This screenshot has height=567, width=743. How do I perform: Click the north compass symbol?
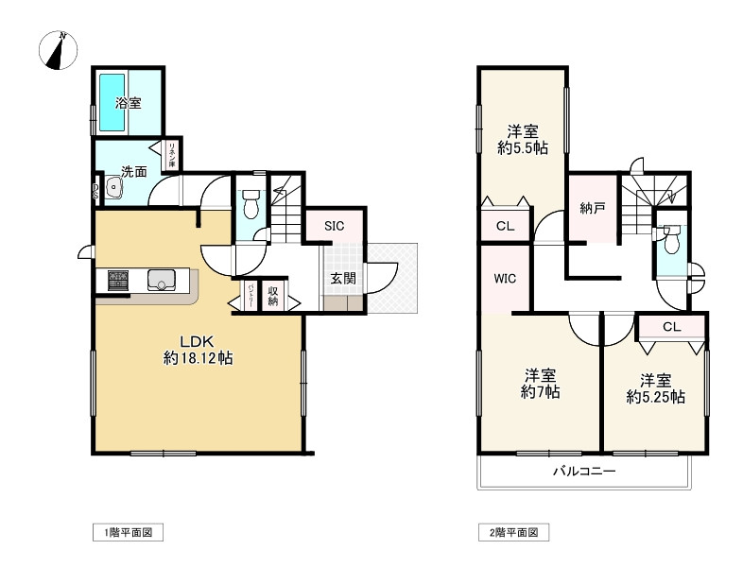[60, 51]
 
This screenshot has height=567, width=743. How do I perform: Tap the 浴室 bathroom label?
[129, 103]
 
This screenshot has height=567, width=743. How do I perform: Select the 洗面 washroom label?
[133, 172]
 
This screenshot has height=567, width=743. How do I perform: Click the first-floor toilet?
[251, 203]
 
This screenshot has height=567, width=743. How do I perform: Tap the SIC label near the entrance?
[334, 226]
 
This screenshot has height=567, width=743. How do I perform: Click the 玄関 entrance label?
[342, 279]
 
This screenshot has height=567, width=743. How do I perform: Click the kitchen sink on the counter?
[163, 280]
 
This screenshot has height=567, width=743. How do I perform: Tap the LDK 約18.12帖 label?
[199, 350]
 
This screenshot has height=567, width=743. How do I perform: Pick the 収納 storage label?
[273, 296]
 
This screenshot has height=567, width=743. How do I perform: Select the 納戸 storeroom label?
[593, 208]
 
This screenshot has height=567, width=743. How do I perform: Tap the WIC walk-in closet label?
[504, 280]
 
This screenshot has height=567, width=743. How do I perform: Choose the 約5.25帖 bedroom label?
[655, 388]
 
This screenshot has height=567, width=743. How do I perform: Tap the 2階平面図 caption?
[513, 534]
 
